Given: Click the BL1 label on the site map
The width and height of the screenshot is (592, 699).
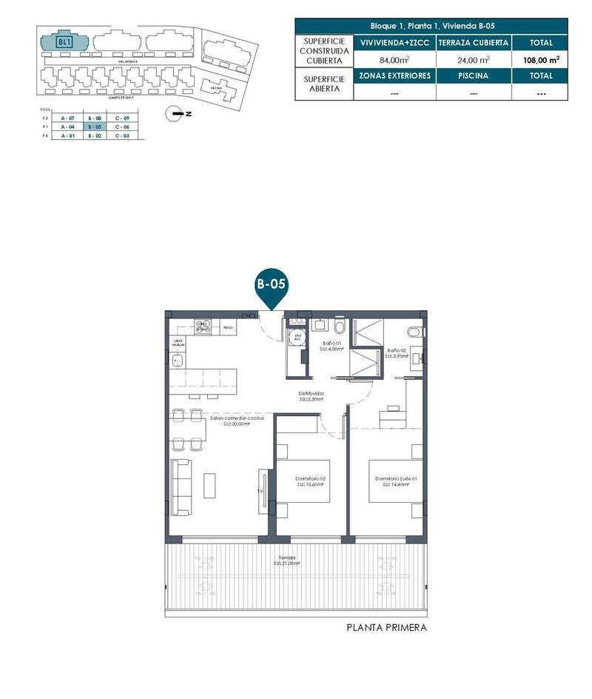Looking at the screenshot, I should coord(64,42).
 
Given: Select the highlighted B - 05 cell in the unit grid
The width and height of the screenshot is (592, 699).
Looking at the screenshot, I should coord(95,127).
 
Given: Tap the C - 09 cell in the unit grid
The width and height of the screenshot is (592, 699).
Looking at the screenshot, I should coord(123,118).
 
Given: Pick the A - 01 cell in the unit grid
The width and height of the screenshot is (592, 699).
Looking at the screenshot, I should coord(67,136).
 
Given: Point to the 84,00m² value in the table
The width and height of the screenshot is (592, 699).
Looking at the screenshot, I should coord(394,60).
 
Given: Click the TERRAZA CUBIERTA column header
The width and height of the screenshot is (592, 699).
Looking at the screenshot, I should coord(474,43).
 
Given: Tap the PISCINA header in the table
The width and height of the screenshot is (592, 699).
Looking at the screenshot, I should coord(474,76).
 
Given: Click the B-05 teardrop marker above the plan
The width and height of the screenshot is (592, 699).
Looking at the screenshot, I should coord(271,285).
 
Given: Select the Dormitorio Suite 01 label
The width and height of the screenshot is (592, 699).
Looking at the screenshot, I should coord(396,482).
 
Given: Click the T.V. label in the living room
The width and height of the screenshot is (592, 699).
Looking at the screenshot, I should coord(260,491).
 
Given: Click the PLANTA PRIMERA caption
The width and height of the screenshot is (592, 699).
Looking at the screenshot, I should coord(386,628).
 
